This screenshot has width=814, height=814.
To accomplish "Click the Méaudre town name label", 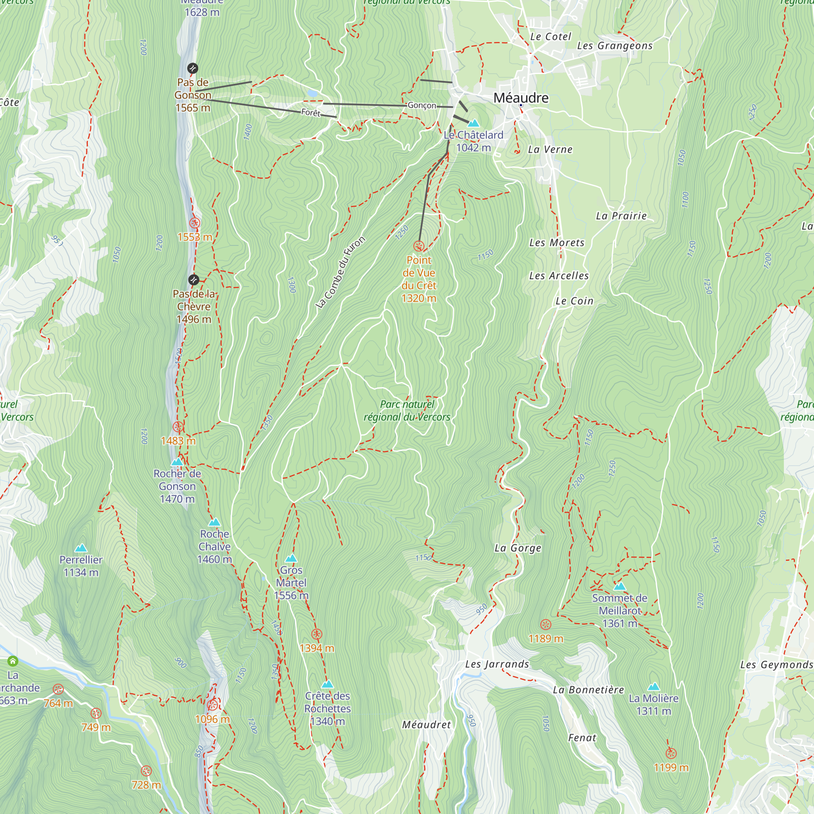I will tap(521, 98).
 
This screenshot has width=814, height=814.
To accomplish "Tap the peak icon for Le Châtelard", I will tap(474, 123).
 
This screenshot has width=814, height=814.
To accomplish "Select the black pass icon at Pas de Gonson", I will tap(193, 68).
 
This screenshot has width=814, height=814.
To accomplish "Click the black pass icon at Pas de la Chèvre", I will tap(193, 280).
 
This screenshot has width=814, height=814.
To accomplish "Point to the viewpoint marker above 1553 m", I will tap(194, 223).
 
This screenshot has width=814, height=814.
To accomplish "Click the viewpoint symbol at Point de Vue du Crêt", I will tap(418, 246).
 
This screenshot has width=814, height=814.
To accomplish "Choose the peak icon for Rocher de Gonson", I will tap(177, 462).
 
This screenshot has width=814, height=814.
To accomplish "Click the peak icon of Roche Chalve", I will tap(214, 522).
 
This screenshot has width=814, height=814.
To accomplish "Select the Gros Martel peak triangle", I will tap(291, 558).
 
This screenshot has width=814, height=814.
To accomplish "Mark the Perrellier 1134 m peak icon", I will tap(81, 548).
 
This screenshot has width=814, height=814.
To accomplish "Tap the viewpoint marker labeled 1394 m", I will tap(317, 634).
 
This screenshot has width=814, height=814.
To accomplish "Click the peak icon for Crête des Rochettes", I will tap(327, 684).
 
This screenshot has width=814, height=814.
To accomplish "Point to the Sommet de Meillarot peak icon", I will tap(619, 586).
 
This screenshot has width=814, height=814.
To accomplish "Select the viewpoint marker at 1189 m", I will tap(546, 624).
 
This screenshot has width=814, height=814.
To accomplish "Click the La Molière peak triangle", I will tap(654, 686).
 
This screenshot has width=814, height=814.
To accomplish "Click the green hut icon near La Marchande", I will tap(13, 661).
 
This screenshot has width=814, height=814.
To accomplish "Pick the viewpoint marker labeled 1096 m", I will tap(212, 705).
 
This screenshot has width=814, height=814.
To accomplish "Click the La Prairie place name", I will tap(621, 216).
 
